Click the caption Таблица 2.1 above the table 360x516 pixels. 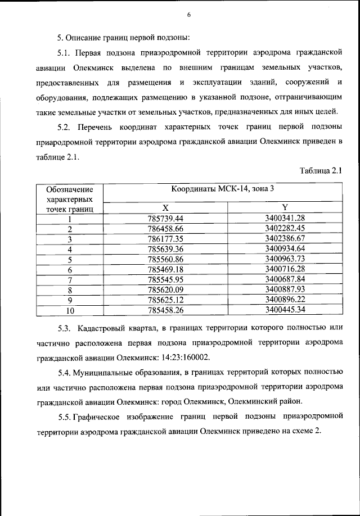click(x=321, y=171)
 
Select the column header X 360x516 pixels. click(x=166, y=208)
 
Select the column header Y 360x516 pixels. click(x=285, y=208)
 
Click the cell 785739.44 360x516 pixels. click(x=166, y=218)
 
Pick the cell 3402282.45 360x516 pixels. click(x=285, y=228)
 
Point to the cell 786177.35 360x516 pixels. click(x=166, y=238)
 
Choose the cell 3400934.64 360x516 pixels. click(x=285, y=248)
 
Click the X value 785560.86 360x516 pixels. click(x=166, y=259)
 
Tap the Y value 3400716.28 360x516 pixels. click(x=285, y=269)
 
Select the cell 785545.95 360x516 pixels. click(x=166, y=279)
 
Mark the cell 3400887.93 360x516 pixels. click(x=285, y=289)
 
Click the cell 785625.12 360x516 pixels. click(x=166, y=299)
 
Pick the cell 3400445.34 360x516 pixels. click(x=285, y=309)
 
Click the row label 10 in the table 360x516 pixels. click(x=70, y=310)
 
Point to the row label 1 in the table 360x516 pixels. click(x=70, y=219)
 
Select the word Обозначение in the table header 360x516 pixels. click(x=70, y=190)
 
